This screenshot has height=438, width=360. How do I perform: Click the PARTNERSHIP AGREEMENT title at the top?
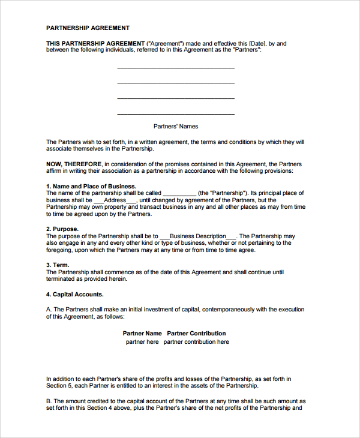(x=88, y=28)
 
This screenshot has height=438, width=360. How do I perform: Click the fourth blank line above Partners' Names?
(x=176, y=113)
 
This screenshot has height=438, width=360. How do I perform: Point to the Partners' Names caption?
(x=176, y=127)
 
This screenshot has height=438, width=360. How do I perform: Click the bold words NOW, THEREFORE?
(x=74, y=164)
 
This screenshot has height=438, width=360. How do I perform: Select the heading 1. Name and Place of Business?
(x=91, y=186)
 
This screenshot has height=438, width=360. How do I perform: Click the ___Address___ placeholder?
(x=116, y=200)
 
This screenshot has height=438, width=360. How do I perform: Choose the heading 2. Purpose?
(x=62, y=229)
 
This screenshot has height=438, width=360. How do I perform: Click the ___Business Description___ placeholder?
(x=199, y=236)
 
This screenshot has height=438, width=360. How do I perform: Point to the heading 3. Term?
(x=58, y=265)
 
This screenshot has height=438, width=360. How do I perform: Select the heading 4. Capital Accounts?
(x=75, y=295)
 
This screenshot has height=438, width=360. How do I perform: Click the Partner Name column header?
(x=142, y=333)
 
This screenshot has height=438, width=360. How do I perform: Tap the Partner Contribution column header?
(x=196, y=333)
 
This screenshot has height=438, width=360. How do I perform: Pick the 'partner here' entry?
(x=142, y=342)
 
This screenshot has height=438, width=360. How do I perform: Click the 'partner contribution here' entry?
(x=196, y=342)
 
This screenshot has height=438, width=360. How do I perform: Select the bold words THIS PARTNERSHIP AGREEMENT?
(x=95, y=43)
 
